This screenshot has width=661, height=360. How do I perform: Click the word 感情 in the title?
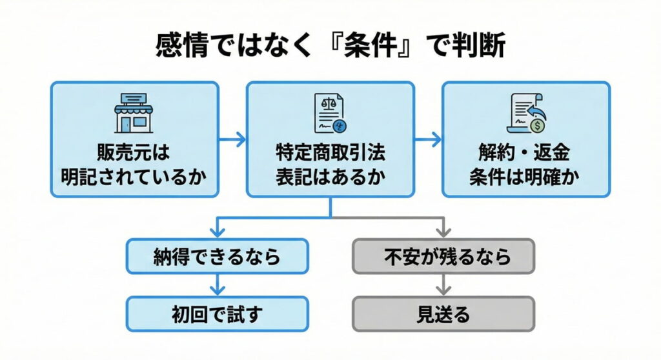click(181, 47)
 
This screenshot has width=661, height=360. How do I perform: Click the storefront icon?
click(134, 112)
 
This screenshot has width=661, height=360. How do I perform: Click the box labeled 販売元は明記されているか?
click(134, 139)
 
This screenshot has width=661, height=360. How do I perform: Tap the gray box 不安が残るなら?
click(443, 257)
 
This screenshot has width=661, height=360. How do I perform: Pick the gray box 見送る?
click(443, 314)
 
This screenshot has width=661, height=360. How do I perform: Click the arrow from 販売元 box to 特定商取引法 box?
click(232, 139)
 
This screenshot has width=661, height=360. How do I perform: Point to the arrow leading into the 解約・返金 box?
click(428, 139)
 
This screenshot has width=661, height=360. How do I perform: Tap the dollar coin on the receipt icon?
click(537, 118)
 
